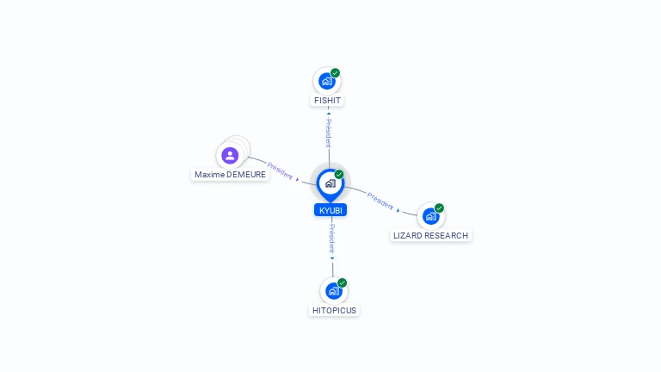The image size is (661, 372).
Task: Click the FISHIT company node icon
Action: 326,81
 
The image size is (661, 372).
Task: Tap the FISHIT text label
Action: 327,101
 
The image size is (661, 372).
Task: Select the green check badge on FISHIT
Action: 335,73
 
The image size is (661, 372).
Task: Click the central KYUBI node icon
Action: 330,183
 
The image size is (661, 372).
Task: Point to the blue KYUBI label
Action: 330,210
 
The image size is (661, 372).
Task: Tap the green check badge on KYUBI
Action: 339,175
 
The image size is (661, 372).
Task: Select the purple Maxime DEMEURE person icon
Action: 230,156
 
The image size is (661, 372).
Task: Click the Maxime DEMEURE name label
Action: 231,175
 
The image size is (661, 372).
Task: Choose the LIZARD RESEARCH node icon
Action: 430,216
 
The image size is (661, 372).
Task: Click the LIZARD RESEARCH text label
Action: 431,236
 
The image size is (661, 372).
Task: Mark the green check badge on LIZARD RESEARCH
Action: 439,208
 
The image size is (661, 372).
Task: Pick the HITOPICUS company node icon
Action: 333,291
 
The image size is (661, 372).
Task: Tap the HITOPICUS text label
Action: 334,311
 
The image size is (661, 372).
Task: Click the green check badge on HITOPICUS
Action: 342,283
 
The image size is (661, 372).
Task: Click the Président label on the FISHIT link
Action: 328,133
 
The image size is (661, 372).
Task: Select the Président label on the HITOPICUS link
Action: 332,238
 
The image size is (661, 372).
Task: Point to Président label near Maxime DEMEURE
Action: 280,169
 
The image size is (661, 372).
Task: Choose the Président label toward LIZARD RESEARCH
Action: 380,201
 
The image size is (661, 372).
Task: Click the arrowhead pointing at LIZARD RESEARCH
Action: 398,210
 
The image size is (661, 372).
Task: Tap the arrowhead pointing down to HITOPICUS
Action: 332,257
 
